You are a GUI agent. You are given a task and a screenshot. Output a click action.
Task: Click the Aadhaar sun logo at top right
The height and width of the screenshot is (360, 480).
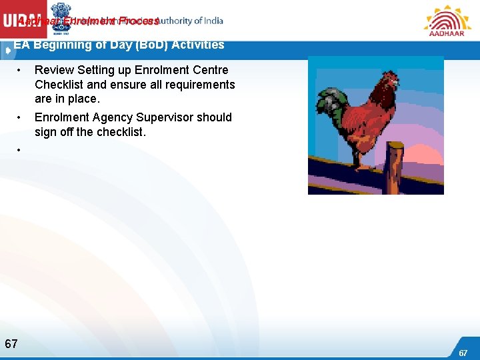447,20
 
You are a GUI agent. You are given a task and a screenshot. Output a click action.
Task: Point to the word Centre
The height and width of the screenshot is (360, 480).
210,70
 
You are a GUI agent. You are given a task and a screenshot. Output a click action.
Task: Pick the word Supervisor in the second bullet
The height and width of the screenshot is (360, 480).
168,117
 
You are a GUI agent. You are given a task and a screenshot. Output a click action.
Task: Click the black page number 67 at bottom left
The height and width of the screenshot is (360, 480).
11,344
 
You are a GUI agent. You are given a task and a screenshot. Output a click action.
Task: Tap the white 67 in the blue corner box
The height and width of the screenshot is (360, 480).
463,353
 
